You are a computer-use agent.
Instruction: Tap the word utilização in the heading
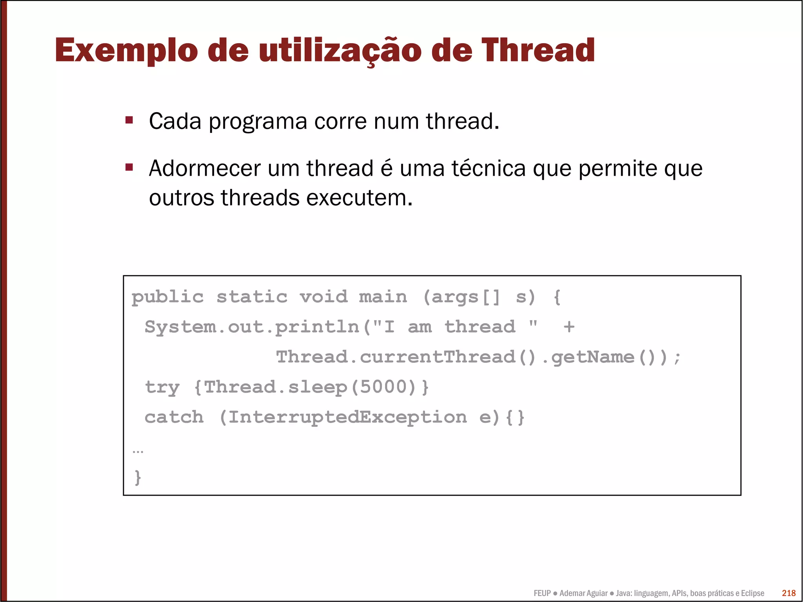(340, 51)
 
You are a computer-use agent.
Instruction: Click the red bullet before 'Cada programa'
(129, 120)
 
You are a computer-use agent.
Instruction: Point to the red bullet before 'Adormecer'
(129, 167)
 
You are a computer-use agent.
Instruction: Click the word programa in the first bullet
(258, 122)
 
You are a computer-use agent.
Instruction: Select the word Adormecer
(205, 169)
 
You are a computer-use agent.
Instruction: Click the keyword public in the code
(167, 297)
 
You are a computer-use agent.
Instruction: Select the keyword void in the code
(323, 297)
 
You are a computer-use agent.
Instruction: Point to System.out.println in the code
(252, 327)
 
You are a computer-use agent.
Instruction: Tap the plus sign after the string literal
(569, 327)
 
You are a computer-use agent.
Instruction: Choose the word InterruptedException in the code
(347, 417)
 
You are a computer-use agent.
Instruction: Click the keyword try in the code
(162, 387)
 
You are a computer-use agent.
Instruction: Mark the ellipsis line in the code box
(138, 451)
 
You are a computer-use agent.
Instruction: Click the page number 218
(788, 593)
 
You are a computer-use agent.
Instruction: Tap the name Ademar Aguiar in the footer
(583, 593)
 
